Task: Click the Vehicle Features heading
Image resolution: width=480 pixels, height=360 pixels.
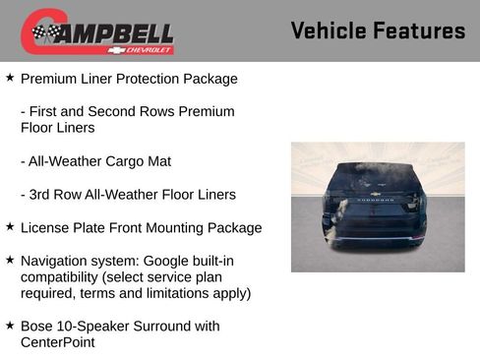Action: click(x=378, y=30)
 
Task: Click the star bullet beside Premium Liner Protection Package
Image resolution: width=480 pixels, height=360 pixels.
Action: click(x=10, y=77)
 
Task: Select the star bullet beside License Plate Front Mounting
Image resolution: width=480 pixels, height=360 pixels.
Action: click(x=10, y=226)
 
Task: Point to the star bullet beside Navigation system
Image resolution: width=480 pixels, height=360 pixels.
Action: click(x=10, y=260)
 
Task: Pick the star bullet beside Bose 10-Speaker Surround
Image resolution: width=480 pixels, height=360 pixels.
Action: click(x=10, y=325)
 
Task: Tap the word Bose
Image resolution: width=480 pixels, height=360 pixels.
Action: click(x=37, y=326)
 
